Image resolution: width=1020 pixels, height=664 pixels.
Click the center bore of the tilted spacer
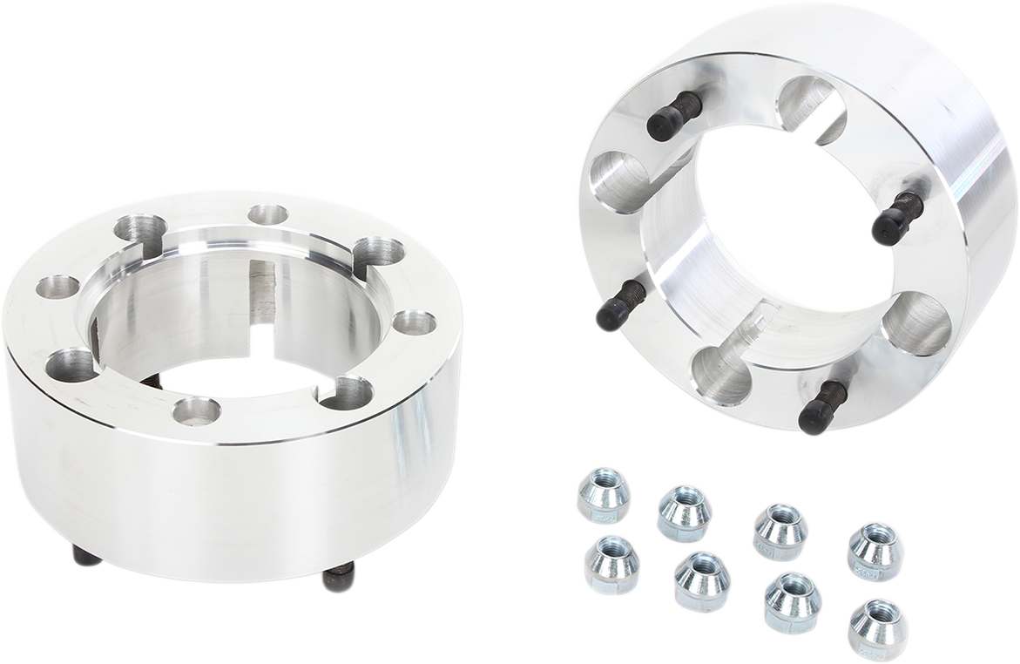[767, 253]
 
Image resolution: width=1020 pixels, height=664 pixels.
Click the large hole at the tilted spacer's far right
[915, 323]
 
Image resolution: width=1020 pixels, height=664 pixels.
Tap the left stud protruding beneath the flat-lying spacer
[87, 558]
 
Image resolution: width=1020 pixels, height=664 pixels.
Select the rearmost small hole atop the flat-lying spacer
[267, 215]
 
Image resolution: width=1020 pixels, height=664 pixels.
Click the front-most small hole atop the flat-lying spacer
[196, 410]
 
